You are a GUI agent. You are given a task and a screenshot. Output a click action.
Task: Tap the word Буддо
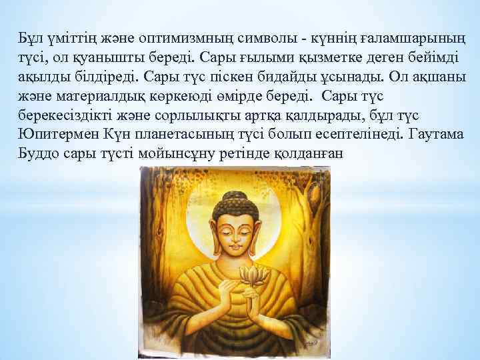38,153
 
